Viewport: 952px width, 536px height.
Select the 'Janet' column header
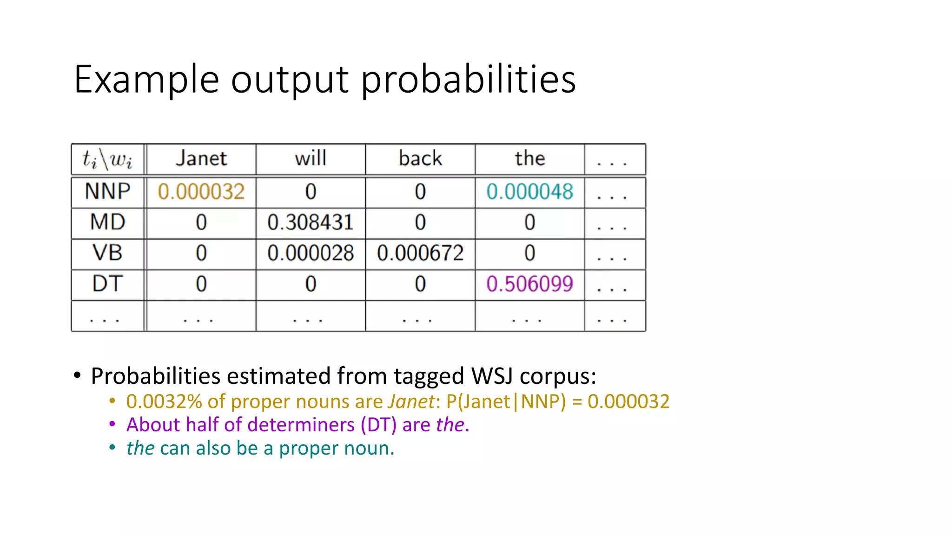click(201, 159)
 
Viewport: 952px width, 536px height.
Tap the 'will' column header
click(311, 159)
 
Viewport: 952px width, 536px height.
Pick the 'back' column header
click(420, 159)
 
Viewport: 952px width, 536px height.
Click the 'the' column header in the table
click(529, 159)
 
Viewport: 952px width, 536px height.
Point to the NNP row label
click(107, 192)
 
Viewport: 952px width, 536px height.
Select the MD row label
click(107, 222)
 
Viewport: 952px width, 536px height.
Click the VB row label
click(107, 253)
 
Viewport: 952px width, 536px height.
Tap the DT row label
click(107, 284)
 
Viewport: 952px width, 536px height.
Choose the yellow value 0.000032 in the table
click(201, 192)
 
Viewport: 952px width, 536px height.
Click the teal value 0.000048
click(529, 192)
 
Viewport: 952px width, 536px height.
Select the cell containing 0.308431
click(311, 222)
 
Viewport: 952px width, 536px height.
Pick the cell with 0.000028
click(311, 253)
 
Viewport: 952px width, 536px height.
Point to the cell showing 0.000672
click(420, 253)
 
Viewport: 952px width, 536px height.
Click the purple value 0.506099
click(529, 284)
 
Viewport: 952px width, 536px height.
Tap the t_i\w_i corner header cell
click(107, 159)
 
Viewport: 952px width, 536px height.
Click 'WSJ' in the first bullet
click(492, 376)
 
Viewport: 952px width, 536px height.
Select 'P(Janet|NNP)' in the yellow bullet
click(506, 402)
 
